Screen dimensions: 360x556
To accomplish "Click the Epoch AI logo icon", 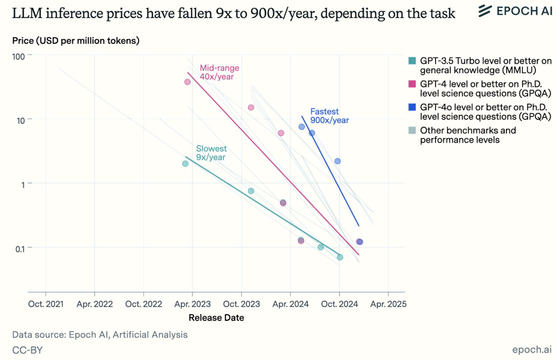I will coord(485,10).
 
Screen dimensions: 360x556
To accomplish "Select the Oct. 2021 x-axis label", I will coord(46,304).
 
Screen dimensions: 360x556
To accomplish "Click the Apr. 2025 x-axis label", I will coord(388,304).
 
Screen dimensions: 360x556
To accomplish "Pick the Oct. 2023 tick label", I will coord(241,304).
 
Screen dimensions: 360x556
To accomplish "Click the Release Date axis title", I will coord(216,318).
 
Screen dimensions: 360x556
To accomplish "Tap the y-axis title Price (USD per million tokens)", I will coord(76,40).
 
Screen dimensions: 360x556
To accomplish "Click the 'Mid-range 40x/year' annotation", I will coord(219,73).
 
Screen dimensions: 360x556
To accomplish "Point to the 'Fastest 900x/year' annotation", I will coord(329,116).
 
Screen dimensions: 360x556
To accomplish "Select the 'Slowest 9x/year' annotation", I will coord(211,153).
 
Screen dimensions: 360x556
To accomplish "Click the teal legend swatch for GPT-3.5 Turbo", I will coord(412,61).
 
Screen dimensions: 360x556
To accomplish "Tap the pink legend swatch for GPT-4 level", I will coord(412,84).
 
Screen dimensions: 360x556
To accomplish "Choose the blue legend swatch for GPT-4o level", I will coord(412,107).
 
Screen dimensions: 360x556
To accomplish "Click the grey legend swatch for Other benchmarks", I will coord(412,130).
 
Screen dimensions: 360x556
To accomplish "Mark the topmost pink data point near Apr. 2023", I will coord(187,82).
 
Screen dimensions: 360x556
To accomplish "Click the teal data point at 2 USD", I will coord(185,164).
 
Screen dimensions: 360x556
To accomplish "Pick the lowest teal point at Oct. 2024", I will coord(340,257).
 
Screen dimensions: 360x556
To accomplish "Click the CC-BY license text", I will coord(27,350).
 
